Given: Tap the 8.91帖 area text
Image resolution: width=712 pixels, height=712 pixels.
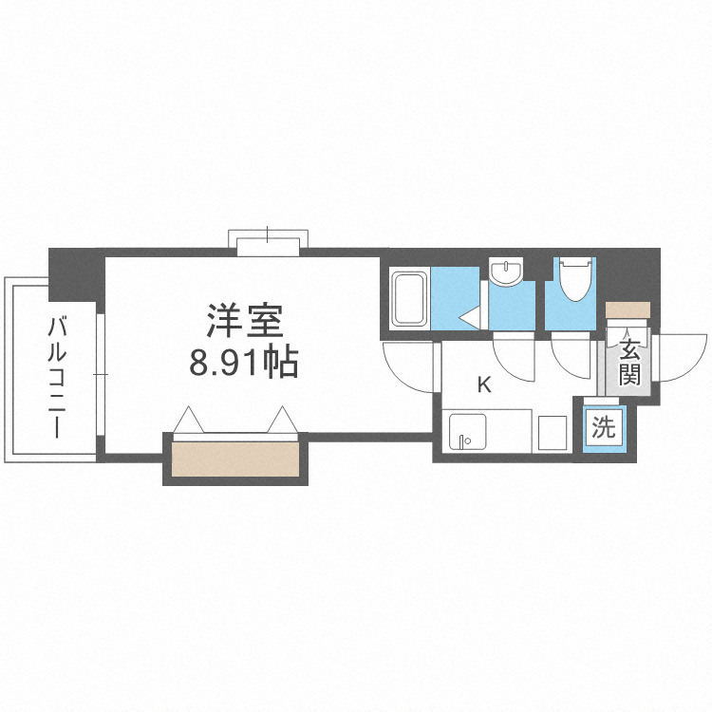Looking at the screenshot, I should pos(245,362).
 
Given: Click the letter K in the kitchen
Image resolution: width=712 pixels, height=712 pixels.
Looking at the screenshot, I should pos(483,384).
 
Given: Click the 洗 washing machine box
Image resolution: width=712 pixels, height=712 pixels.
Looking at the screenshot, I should pos(604,427).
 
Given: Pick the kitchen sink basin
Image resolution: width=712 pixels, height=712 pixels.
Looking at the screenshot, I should pos(464,431).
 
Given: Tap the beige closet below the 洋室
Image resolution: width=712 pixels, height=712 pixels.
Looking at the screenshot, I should pos(236,459).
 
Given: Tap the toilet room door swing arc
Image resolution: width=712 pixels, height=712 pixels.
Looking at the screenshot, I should pos(572,357).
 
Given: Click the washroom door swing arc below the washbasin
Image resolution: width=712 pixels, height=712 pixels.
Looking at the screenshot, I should pos(517,356).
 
